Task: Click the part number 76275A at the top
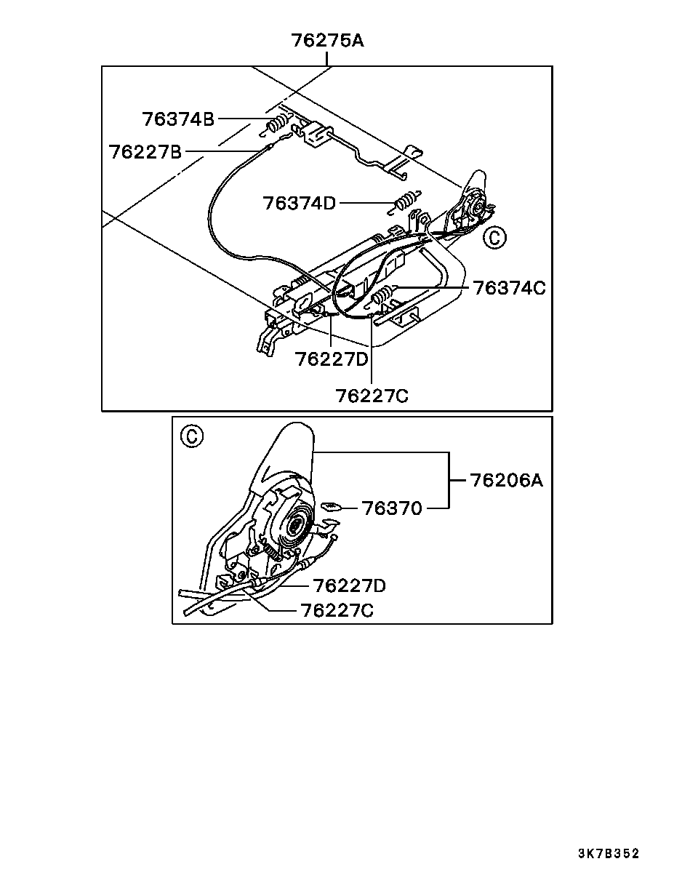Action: coord(328,41)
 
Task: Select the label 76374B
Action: coord(178,119)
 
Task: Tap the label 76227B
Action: coord(145,152)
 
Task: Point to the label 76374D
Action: coord(300,203)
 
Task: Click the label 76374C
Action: coord(509,288)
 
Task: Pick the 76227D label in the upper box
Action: coord(332,359)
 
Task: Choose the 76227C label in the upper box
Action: coord(372,396)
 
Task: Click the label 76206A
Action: coord(507,480)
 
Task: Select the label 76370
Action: coord(392,508)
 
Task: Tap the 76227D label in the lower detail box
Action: coord(349,585)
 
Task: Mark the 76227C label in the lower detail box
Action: coord(337,610)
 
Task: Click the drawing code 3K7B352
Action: coord(609,854)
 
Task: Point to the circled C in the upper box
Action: coord(494,237)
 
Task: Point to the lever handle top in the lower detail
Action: coord(291,444)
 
